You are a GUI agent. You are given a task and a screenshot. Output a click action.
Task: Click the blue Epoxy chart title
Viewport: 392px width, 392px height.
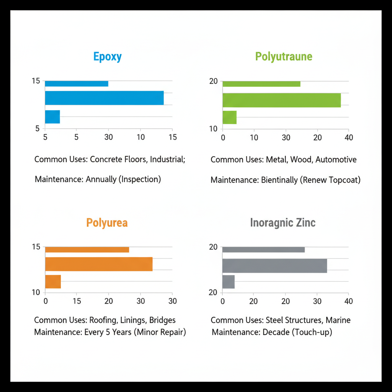108,57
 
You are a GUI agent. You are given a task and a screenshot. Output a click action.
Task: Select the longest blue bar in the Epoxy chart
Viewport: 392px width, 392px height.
104,98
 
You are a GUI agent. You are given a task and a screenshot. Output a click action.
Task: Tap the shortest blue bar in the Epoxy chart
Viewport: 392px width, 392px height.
52,117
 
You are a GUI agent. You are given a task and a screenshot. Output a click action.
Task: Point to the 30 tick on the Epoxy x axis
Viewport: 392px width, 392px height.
108,137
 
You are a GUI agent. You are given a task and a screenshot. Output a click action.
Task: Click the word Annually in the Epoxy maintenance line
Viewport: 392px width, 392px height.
101,179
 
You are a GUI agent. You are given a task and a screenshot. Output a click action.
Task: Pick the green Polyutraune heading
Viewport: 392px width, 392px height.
284,57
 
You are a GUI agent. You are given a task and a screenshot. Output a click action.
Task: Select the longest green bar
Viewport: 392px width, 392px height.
281,100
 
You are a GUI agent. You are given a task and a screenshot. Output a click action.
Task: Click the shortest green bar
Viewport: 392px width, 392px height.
229,117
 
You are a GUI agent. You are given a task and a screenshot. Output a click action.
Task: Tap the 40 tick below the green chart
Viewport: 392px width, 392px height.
348,137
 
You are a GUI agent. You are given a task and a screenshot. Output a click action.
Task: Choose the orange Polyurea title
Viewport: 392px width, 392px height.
107,223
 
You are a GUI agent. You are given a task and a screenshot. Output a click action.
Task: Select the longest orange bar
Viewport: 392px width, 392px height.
99,264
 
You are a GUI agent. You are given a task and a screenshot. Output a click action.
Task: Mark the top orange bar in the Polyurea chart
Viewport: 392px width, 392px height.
87,250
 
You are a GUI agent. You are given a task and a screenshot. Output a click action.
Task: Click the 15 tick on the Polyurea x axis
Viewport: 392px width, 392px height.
77,301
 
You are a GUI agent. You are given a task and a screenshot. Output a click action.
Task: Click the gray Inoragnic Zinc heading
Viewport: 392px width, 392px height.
283,223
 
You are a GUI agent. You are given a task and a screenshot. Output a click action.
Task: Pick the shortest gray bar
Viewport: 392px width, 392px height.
228,282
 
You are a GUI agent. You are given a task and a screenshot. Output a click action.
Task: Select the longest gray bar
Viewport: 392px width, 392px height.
274,266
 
